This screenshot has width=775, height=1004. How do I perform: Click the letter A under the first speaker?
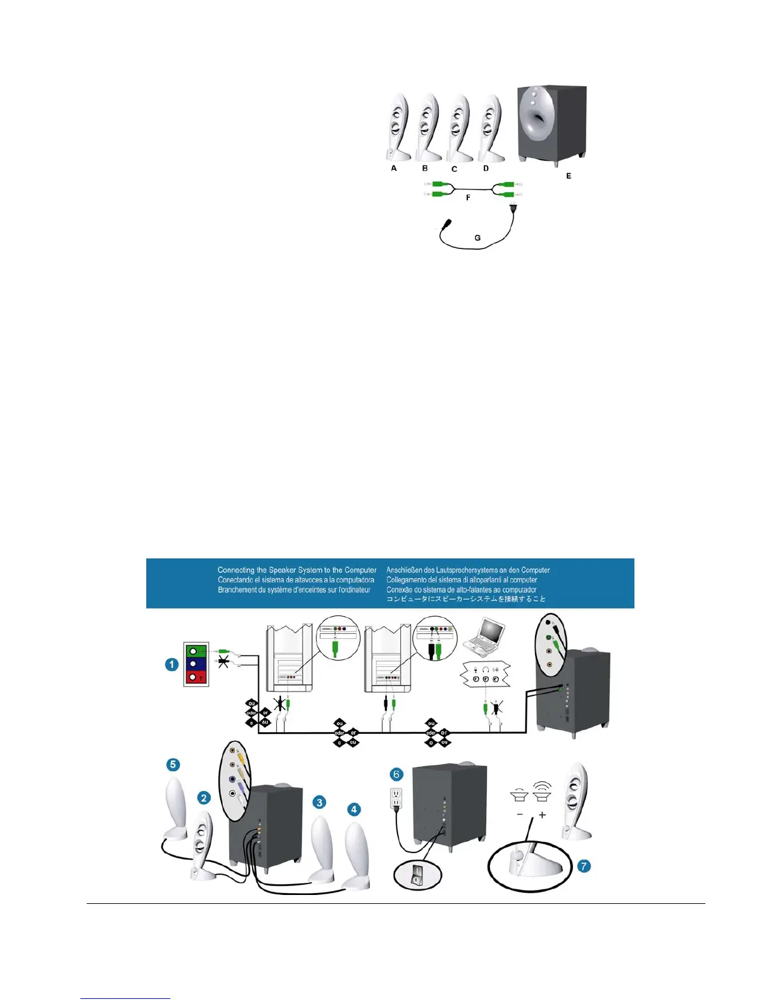[394, 168]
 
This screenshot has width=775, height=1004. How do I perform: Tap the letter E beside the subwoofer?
[569, 176]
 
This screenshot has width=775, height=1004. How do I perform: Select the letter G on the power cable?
[477, 238]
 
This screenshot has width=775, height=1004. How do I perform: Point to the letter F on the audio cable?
[468, 198]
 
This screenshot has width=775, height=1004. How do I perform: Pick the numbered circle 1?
[172, 664]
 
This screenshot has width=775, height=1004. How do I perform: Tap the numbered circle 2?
[204, 797]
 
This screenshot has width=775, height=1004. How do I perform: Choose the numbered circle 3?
[320, 802]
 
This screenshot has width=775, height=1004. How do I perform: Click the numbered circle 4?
[354, 809]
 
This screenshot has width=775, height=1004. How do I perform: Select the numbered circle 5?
[173, 765]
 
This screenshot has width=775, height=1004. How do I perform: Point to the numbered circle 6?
[396, 774]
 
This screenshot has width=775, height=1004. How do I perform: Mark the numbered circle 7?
[584, 866]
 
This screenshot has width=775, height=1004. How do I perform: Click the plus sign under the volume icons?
[543, 815]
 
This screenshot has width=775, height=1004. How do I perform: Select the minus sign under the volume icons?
[520, 815]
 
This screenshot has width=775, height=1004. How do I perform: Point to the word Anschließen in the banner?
[408, 570]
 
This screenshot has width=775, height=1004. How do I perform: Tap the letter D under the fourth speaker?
[486, 169]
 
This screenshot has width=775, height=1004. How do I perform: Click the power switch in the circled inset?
[416, 877]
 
